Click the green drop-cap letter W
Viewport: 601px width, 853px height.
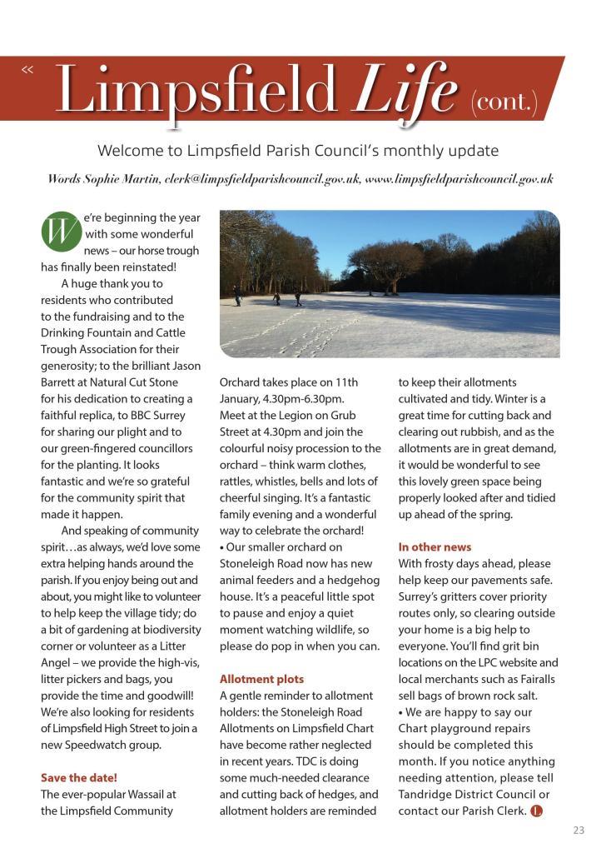point(57,232)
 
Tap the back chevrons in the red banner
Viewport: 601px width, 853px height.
point(27,71)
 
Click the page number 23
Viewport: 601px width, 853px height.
point(579,829)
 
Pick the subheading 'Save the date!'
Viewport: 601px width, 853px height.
point(79,777)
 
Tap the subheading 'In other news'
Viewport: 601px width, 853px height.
point(435,547)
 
